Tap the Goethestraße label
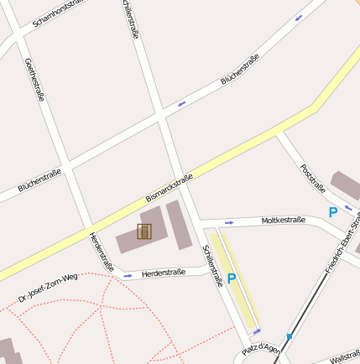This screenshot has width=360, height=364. pyautogui.click(x=34, y=80)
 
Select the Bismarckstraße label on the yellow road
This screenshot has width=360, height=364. pyautogui.click(x=169, y=187)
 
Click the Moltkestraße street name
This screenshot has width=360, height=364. pyautogui.click(x=282, y=221)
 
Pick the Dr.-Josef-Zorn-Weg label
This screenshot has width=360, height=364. pyautogui.click(x=48, y=285)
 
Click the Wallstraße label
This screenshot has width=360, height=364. pyautogui.click(x=344, y=357)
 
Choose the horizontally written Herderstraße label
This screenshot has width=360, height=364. pyautogui.click(x=163, y=273)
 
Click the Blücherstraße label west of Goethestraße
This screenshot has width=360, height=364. pyautogui.click(x=39, y=180)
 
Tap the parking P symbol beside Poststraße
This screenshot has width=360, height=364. pyautogui.click(x=332, y=213)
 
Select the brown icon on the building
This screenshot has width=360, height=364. pyautogui.click(x=144, y=231)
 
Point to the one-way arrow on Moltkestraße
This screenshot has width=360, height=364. pyautogui.click(x=229, y=223)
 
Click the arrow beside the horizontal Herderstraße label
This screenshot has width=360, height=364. pyautogui.click(x=128, y=274)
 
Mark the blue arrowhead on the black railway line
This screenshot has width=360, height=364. pyautogui.click(x=290, y=335)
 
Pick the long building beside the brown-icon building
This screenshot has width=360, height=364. pyautogui.click(x=180, y=225)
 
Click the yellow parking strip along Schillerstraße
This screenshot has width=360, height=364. pyautogui.click(x=236, y=285)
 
